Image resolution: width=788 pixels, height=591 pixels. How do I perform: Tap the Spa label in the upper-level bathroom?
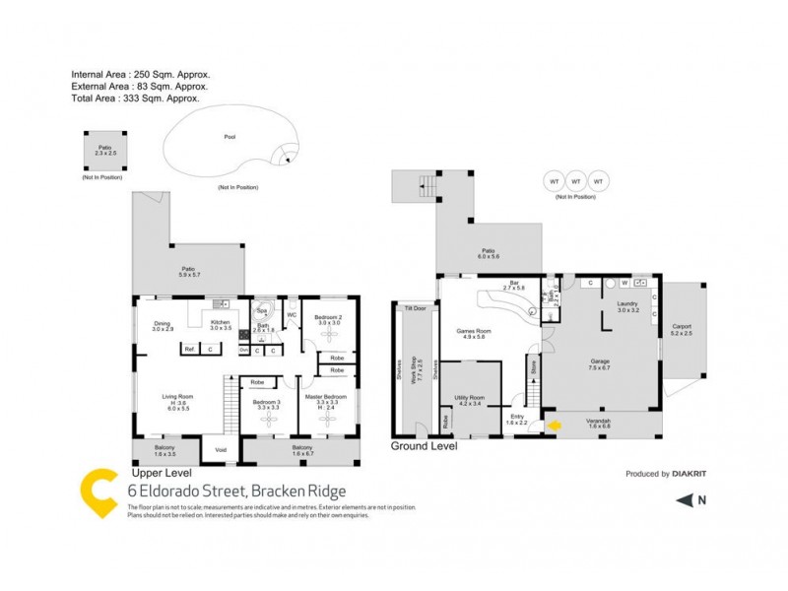[x=262, y=308]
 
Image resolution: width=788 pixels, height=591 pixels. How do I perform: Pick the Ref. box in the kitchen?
[x=189, y=349]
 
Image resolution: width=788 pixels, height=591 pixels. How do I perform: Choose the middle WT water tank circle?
[x=575, y=182]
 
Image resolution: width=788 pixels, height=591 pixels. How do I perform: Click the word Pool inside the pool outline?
[x=230, y=138]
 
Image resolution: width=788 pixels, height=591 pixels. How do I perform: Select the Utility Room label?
[x=468, y=398]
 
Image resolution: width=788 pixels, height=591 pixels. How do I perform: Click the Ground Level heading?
[x=425, y=446]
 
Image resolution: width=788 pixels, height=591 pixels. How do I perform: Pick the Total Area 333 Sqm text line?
[x=135, y=98]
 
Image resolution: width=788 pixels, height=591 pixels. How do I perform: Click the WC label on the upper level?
[x=292, y=315]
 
